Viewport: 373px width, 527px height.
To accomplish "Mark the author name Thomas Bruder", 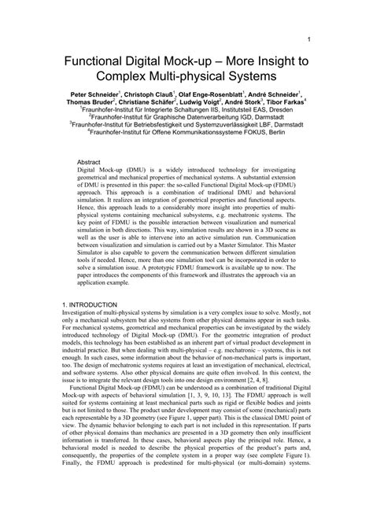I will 90,101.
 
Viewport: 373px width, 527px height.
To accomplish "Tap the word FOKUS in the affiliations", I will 245,134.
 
